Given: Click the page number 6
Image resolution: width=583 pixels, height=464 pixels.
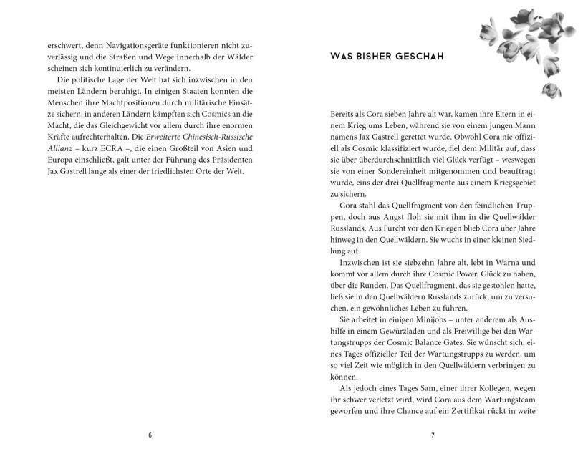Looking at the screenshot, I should pyautogui.click(x=150, y=435).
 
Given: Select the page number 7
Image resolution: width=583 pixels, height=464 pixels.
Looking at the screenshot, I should pyautogui.click(x=433, y=435).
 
